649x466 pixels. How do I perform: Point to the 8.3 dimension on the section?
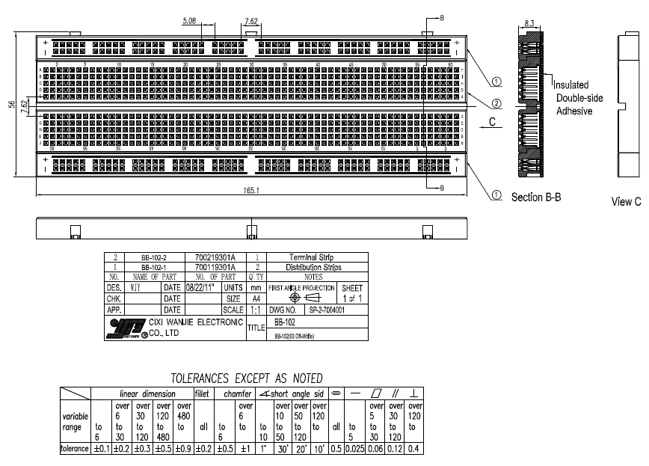529,23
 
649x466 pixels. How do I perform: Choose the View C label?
626,201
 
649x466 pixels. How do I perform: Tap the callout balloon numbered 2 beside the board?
497,102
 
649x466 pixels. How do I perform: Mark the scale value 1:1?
250,308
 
